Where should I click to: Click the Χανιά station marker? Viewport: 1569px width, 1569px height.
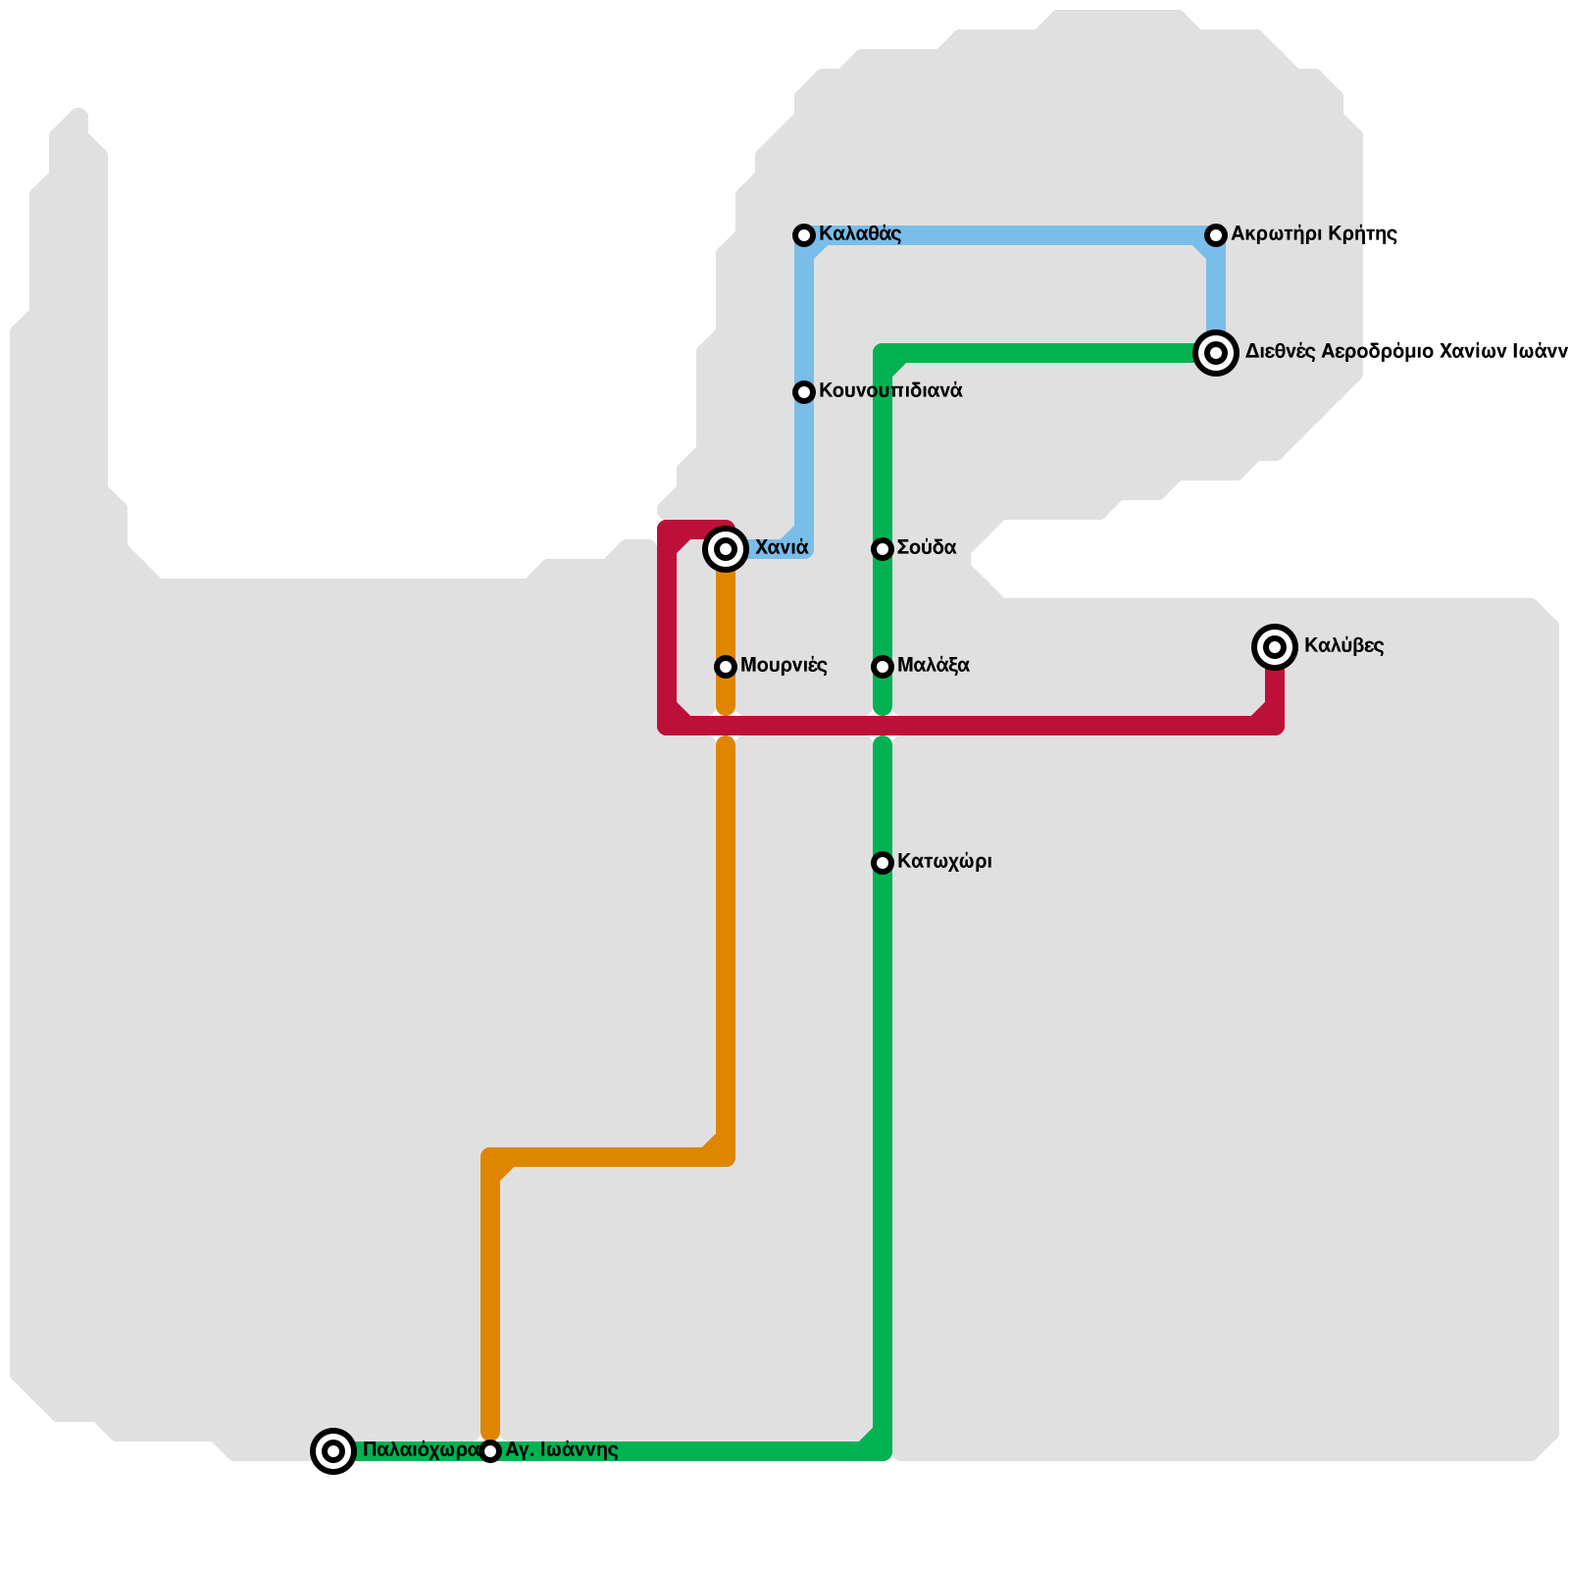726,549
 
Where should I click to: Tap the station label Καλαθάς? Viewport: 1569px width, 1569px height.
860,234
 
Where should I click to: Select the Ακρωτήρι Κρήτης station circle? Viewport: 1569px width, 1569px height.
1216,235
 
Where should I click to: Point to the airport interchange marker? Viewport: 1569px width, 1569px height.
1216,353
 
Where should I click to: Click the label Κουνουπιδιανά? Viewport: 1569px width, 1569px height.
890,391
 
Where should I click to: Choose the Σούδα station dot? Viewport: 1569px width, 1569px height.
883,549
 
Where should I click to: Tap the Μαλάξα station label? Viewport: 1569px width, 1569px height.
933,666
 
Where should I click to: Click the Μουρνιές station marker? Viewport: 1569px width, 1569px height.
726,667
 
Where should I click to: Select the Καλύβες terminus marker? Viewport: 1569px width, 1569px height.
1275,647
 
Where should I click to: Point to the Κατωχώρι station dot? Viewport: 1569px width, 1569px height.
883,863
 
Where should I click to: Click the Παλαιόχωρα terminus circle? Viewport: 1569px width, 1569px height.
333,1450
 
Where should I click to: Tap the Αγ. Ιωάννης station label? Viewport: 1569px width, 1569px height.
561,1450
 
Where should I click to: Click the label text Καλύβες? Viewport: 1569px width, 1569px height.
1343,646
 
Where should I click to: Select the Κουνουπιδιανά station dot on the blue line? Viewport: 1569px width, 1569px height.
804,392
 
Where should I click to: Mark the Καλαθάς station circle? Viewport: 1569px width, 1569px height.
804,235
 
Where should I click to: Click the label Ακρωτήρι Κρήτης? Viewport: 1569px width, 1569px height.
1314,234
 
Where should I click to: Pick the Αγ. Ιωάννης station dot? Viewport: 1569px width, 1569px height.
490,1451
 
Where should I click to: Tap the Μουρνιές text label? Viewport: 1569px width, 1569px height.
784,666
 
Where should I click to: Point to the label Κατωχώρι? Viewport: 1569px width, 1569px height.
944,862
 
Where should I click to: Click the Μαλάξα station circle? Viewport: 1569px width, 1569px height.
883,667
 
